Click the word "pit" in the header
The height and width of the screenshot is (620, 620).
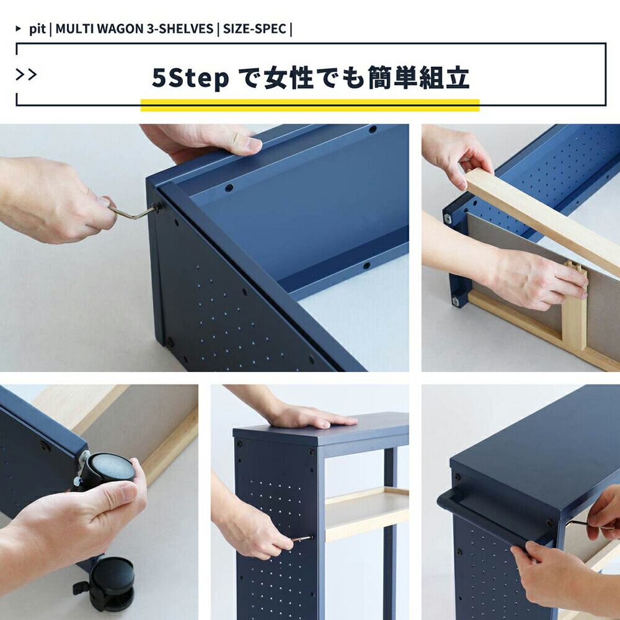click(x=37, y=29)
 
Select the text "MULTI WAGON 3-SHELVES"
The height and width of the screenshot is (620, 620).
click(x=135, y=29)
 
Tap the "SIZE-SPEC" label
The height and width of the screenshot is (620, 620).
click(x=255, y=29)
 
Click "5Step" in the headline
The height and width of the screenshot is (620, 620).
click(x=190, y=78)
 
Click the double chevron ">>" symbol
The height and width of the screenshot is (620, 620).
click(x=26, y=74)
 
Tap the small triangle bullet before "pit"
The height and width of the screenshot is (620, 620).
click(x=18, y=29)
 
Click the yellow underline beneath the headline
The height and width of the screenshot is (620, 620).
click(x=310, y=105)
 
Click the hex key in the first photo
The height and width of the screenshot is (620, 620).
click(x=134, y=211)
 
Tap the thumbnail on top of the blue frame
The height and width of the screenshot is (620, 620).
click(x=254, y=144)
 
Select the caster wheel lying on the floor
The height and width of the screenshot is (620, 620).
click(x=106, y=583)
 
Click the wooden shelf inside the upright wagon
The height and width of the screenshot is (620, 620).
click(x=366, y=513)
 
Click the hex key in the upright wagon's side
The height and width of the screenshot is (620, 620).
click(x=301, y=538)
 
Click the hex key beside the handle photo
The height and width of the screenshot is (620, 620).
click(x=585, y=525)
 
